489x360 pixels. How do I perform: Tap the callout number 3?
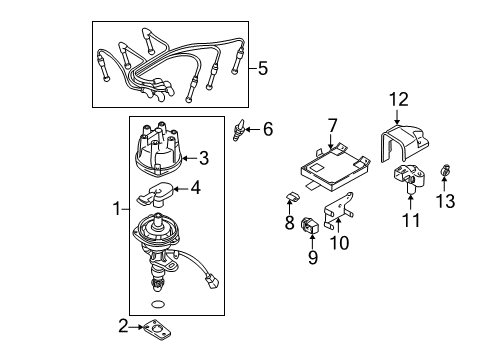pyautogui.click(x=203, y=157)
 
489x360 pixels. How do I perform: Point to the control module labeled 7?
pyautogui.click(x=327, y=163)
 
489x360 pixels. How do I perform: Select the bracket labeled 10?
pyautogui.click(x=341, y=214)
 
